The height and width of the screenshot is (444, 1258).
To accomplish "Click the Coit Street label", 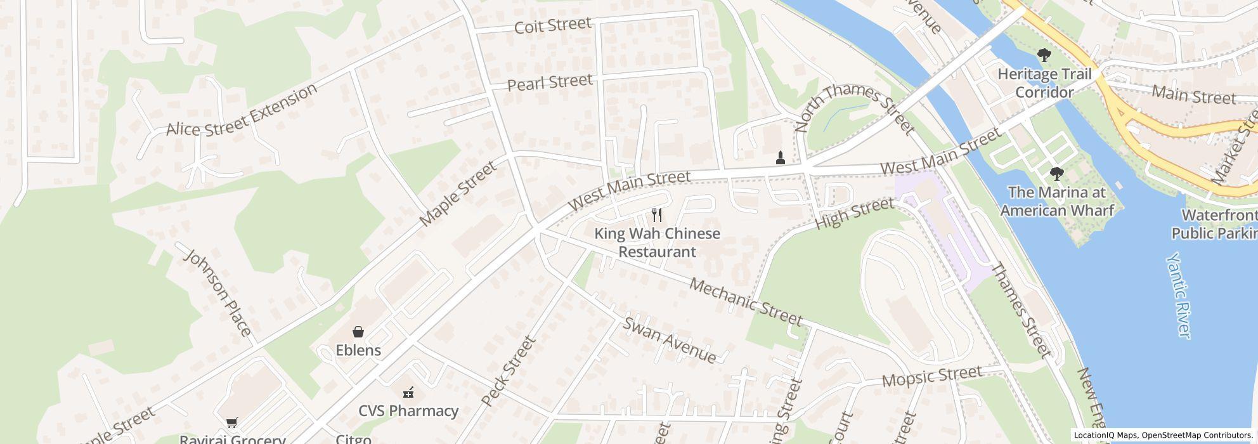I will click(x=552, y=25).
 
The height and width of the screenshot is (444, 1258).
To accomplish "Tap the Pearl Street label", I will click(x=550, y=82).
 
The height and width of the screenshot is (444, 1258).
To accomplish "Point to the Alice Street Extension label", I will click(x=242, y=110).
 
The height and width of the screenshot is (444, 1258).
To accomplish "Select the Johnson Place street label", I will click(x=217, y=292).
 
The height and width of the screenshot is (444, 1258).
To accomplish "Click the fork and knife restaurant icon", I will click(x=657, y=215).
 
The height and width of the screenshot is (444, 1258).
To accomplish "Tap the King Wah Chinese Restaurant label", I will click(x=657, y=242).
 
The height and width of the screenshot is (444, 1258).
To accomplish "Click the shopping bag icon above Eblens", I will click(x=358, y=332).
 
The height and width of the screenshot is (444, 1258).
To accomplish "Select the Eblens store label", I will click(x=358, y=350).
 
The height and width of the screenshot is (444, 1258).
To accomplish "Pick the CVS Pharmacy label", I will click(x=408, y=411).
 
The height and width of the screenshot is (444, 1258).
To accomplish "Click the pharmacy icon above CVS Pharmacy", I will click(x=409, y=393).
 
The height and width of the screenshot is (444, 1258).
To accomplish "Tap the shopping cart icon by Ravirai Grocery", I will click(x=231, y=422).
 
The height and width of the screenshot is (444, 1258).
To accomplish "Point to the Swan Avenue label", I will click(x=670, y=340).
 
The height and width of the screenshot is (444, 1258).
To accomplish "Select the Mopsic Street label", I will click(x=931, y=377).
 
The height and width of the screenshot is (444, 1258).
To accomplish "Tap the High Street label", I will click(x=854, y=213).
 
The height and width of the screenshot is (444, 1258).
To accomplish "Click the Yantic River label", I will click(x=1179, y=295).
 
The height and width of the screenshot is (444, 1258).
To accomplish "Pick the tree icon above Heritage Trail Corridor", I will click(x=1044, y=55).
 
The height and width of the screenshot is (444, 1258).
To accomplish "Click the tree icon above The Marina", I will click(x=1056, y=173).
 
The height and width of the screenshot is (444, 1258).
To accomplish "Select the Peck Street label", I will click(x=509, y=371).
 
